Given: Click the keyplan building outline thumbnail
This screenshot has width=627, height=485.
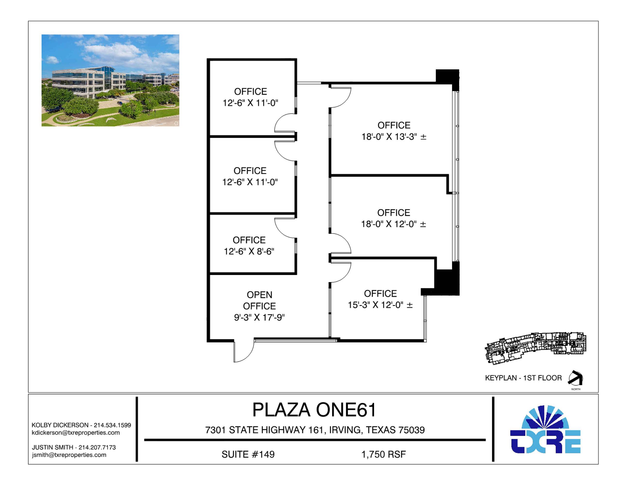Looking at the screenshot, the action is pyautogui.click(x=535, y=348).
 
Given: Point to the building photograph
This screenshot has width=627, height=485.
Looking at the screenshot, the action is pyautogui.click(x=110, y=81).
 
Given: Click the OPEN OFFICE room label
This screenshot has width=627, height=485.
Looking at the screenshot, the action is pyautogui.click(x=259, y=300).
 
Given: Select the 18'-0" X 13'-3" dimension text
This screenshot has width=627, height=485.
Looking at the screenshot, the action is pyautogui.click(x=394, y=137).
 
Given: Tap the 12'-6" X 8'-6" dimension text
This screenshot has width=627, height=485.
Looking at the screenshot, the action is pyautogui.click(x=249, y=251).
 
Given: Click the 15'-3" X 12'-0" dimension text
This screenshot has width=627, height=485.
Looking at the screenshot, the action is pyautogui.click(x=380, y=305).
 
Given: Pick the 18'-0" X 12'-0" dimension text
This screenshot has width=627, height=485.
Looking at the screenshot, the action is pyautogui.click(x=393, y=224).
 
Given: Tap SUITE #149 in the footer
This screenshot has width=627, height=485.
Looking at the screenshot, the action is pyautogui.click(x=248, y=454).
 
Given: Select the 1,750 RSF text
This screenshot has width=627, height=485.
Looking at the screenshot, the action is pyautogui.click(x=384, y=454).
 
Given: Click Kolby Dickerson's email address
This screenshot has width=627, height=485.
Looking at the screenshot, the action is pyautogui.click(x=76, y=432).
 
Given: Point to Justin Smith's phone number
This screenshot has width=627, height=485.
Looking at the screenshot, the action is pyautogui.click(x=97, y=447).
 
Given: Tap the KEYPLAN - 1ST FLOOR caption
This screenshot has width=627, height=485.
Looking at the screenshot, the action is pyautogui.click(x=523, y=378).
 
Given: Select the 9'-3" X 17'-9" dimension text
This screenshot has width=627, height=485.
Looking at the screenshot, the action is pyautogui.click(x=259, y=317).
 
